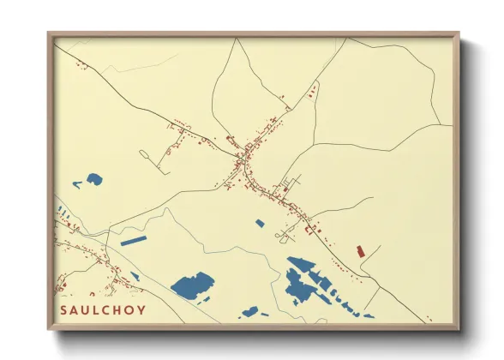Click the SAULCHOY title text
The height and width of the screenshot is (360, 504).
click(102, 309)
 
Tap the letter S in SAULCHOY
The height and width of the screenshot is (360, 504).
click(64, 309)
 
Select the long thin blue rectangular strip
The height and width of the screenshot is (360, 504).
click(134, 241)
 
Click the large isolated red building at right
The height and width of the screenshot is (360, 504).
click(360, 251)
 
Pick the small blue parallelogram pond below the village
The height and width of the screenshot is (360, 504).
click(260, 223)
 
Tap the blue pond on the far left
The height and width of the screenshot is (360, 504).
click(93, 179)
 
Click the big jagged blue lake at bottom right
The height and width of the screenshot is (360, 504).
click(302, 280)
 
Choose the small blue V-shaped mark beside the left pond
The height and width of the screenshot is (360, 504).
click(77, 183)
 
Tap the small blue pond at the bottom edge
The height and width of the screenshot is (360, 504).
click(249, 312)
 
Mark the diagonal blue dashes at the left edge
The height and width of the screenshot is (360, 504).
click(62, 209)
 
